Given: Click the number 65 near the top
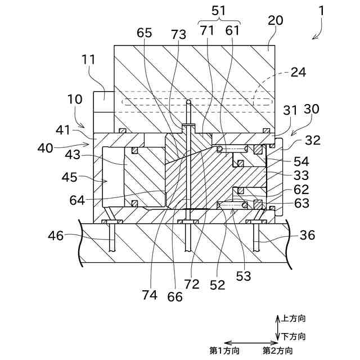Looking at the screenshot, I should point(145,34).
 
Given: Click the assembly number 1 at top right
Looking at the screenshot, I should point(321,11).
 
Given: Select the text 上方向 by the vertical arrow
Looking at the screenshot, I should point(294,318).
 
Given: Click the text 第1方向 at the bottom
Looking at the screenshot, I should point(224,350).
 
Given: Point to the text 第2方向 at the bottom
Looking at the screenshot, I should point(278,350).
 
